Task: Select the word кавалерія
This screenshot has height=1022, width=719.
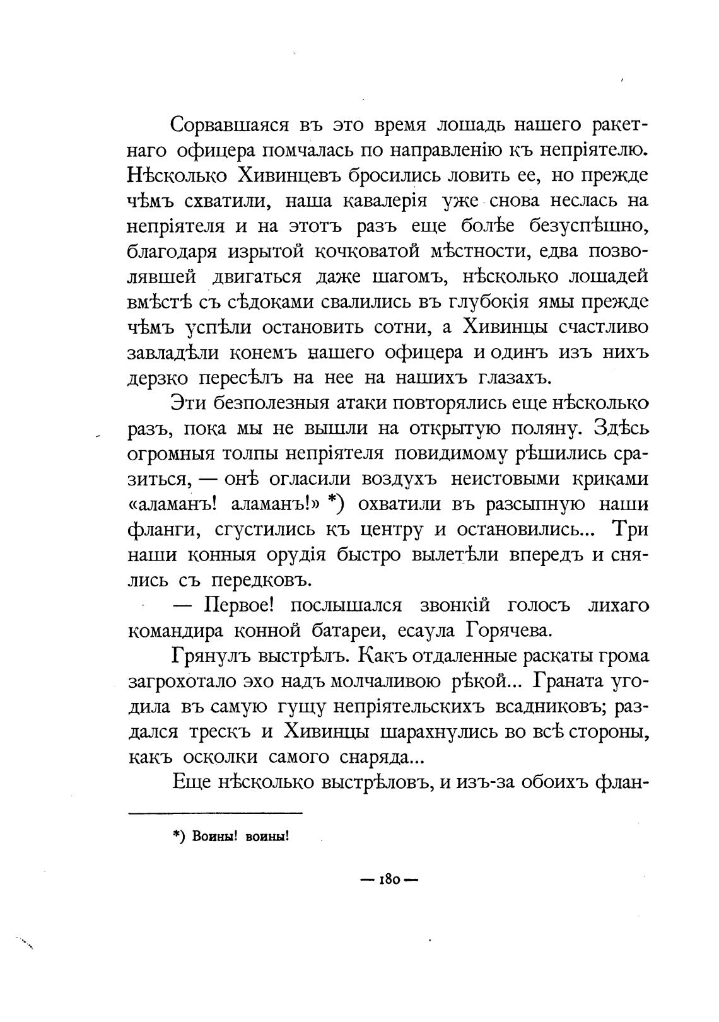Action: tap(386, 201)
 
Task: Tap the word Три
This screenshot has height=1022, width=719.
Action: tap(630, 530)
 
